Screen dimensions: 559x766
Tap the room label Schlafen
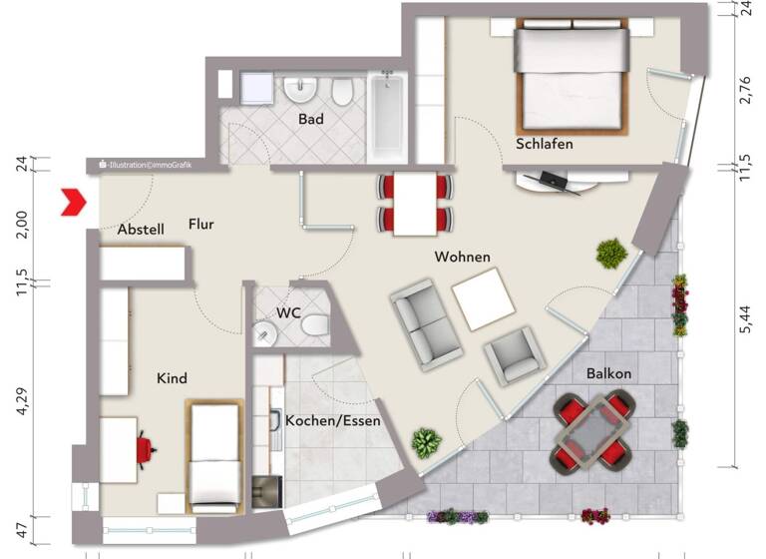(x=544, y=145)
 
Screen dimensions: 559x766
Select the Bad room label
(x=310, y=119)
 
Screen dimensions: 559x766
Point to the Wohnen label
(x=462, y=258)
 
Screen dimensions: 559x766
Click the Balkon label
(x=608, y=373)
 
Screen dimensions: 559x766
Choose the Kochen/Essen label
(x=332, y=421)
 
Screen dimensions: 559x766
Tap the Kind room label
(x=172, y=378)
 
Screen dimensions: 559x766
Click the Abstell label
(x=140, y=230)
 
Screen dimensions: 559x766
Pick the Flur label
(x=201, y=225)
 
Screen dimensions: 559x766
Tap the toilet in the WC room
(x=315, y=326)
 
